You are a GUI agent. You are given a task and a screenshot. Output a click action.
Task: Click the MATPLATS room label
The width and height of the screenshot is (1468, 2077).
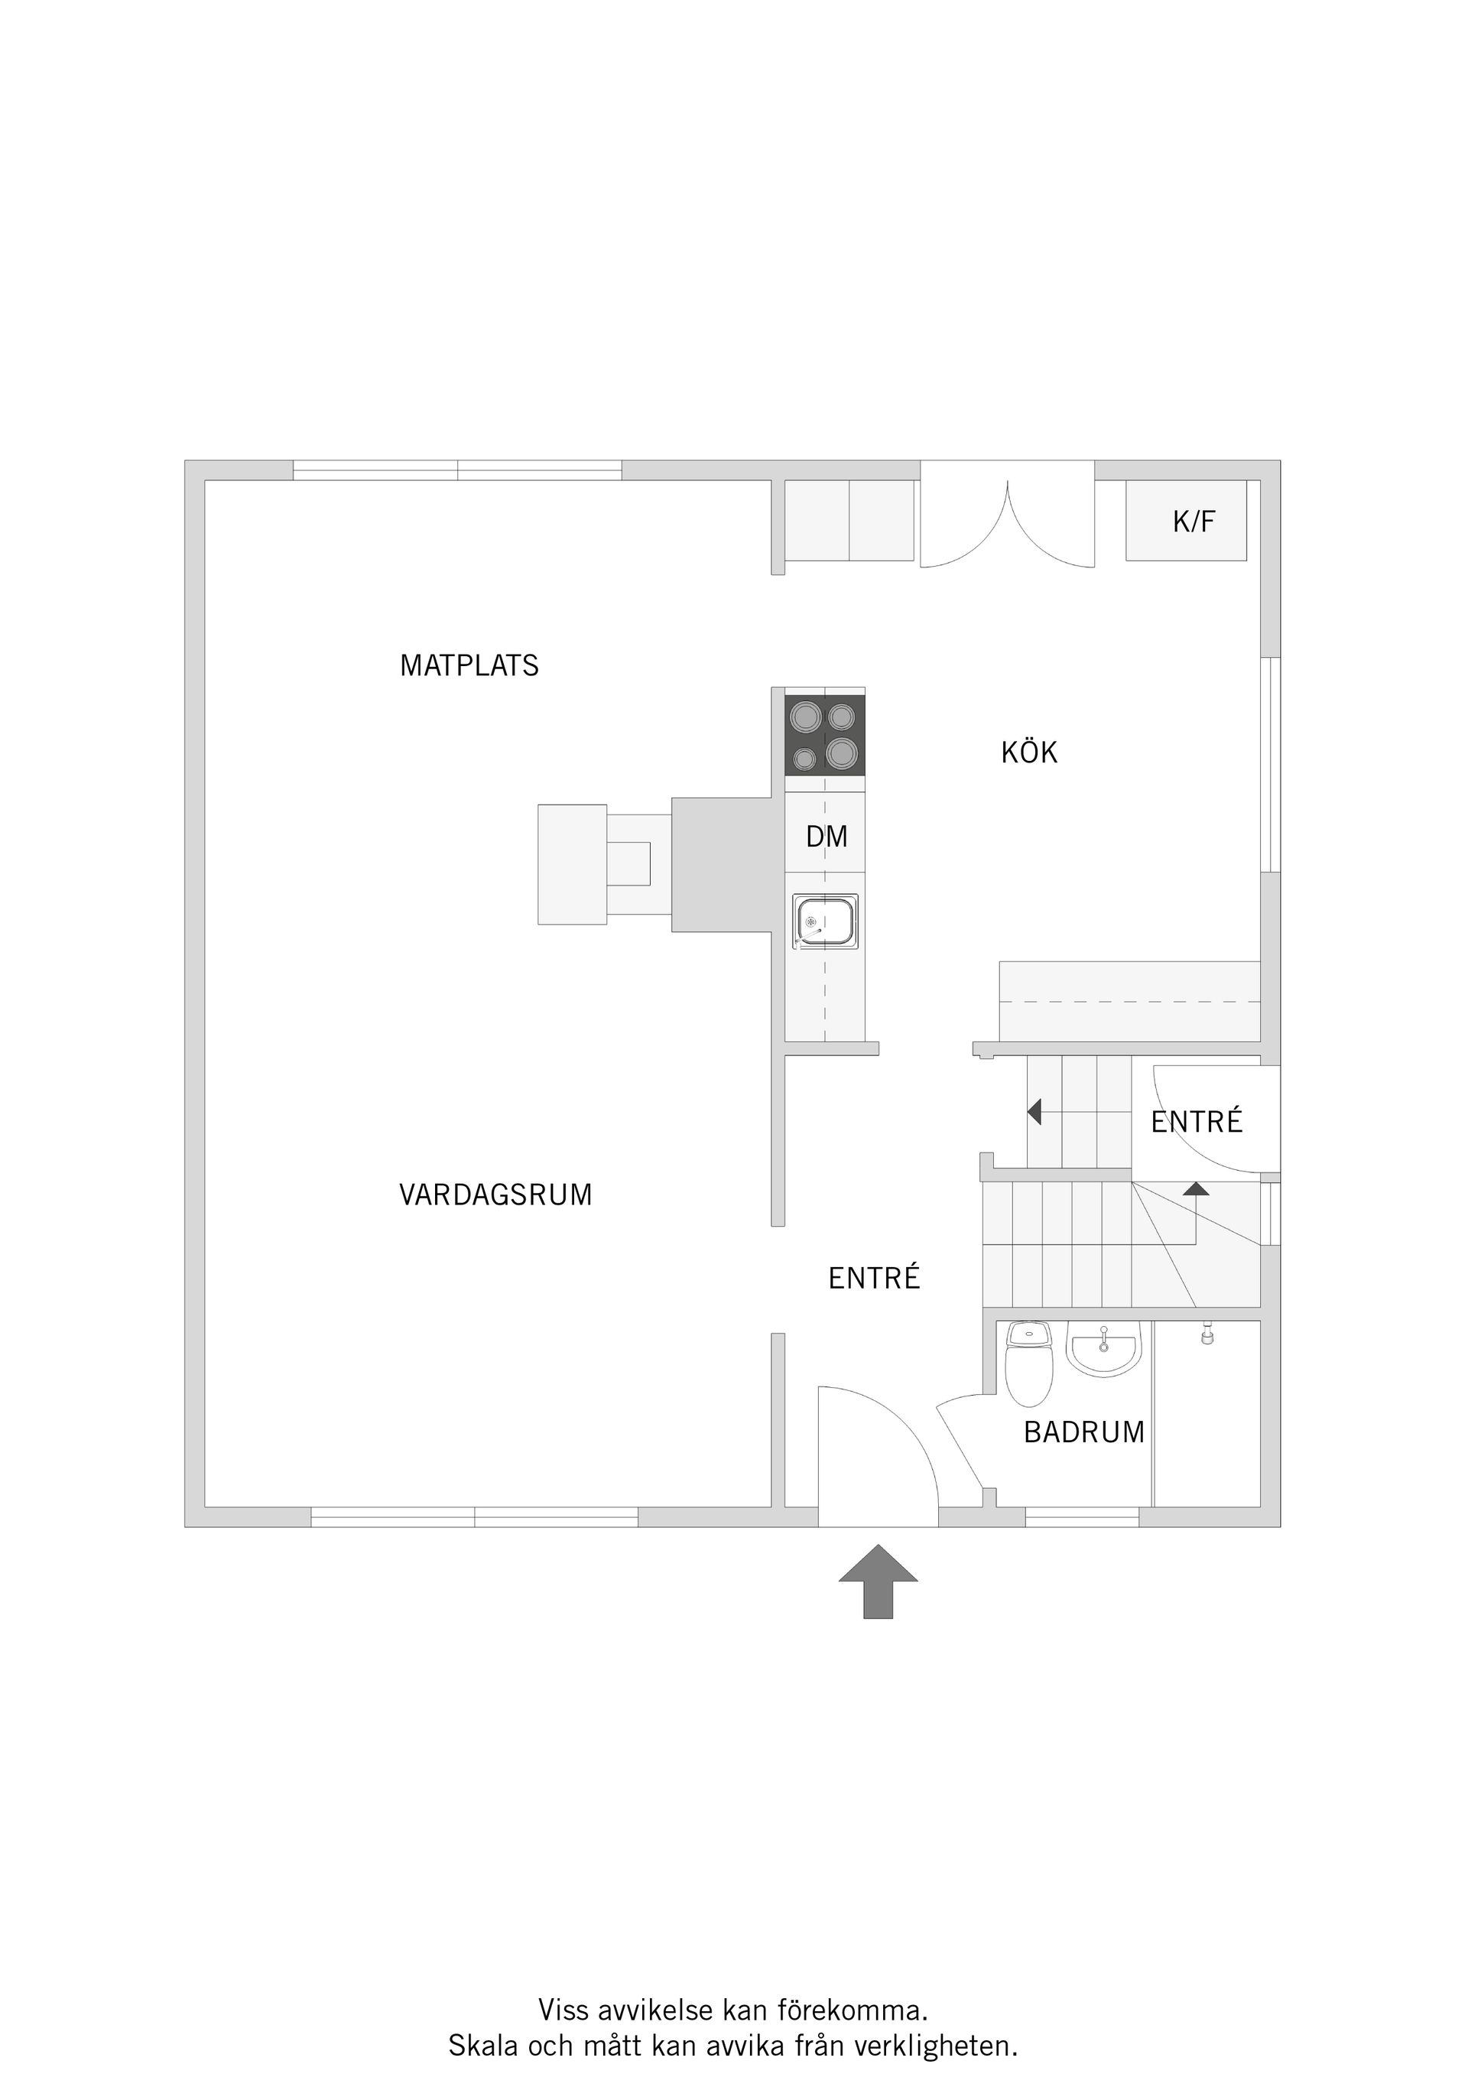click(469, 666)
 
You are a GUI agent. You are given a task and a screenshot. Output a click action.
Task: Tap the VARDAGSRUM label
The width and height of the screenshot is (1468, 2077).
click(495, 1195)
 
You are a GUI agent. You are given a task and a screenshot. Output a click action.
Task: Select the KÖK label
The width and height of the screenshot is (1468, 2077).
click(1028, 752)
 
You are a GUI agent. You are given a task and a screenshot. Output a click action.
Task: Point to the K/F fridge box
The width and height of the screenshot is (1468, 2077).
click(1186, 521)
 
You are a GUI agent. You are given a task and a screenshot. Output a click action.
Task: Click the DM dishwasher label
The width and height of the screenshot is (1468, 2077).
click(827, 837)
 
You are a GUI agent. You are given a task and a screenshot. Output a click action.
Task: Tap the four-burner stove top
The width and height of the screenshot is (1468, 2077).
click(824, 735)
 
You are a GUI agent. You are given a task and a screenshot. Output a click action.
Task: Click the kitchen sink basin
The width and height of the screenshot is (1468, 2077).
click(825, 921)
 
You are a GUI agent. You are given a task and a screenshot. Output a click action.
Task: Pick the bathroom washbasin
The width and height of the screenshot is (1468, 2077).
click(1103, 1351)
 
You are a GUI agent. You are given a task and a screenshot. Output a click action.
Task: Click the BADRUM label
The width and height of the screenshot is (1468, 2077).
click(1083, 1432)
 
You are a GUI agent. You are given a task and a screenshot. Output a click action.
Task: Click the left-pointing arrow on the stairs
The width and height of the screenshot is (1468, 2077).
click(1034, 1111)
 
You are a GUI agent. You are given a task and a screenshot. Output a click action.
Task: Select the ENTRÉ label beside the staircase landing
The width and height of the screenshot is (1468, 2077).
click(1196, 1122)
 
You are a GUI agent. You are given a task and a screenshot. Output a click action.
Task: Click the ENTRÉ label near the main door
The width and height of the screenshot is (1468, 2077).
click(874, 1278)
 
